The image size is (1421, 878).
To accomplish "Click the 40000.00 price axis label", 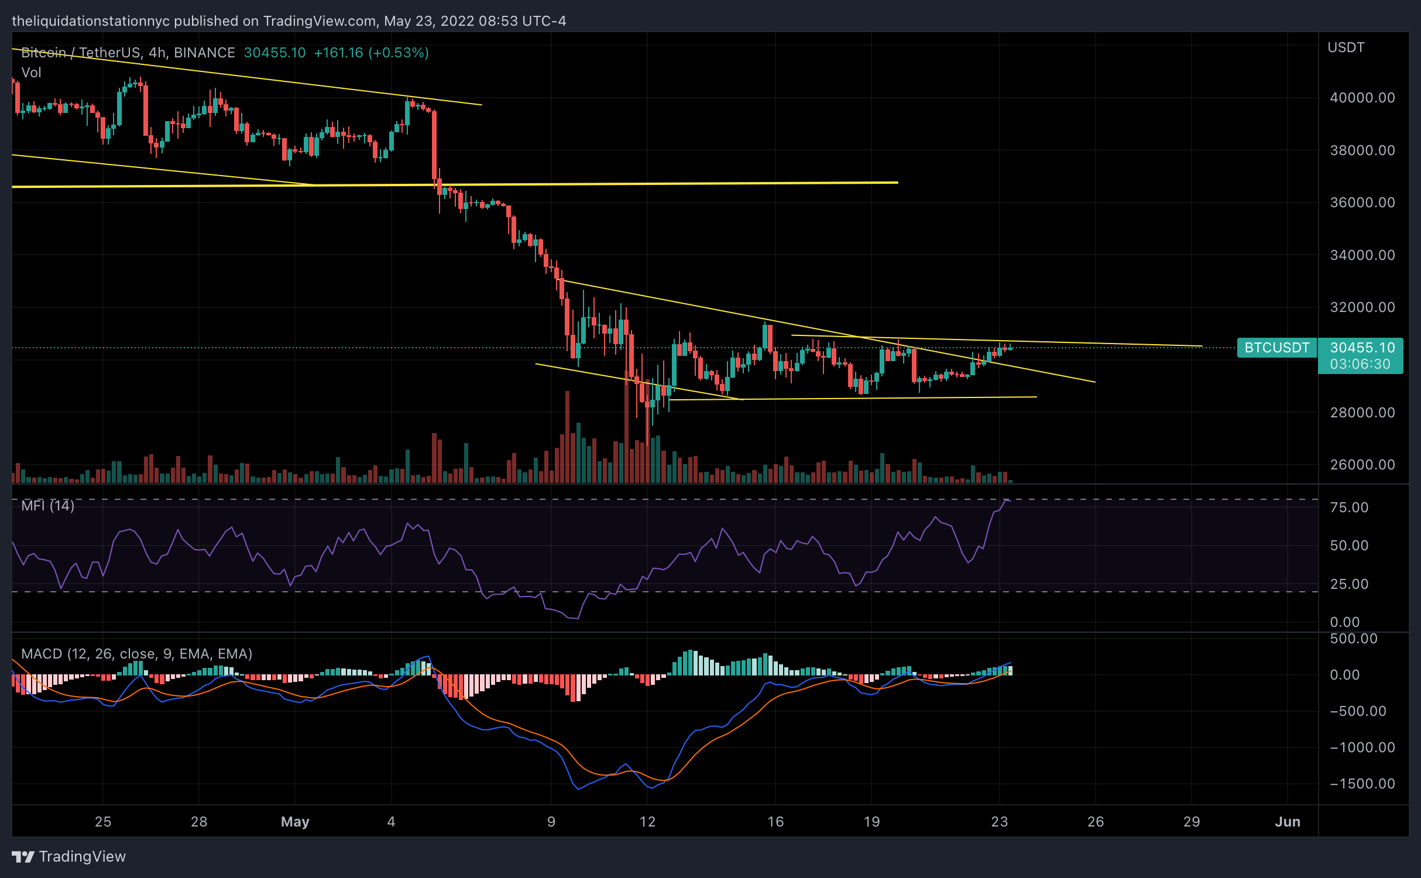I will pyautogui.click(x=1362, y=98).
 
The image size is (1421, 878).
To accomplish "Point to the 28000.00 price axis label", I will pyautogui.click(x=1362, y=413).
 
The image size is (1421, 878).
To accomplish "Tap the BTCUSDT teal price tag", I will pyautogui.click(x=1276, y=348).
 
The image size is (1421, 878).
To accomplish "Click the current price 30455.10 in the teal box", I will pyautogui.click(x=1362, y=348).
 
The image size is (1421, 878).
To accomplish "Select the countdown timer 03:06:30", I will pyautogui.click(x=1360, y=364).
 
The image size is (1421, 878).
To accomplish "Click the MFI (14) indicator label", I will pyautogui.click(x=47, y=506).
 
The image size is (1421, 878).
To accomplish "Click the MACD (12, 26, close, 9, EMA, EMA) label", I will pyautogui.click(x=136, y=654).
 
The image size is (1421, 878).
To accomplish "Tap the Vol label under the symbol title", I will pyautogui.click(x=31, y=73).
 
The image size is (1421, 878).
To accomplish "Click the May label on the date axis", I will pyautogui.click(x=295, y=822).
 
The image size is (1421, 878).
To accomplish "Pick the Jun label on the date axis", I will pyautogui.click(x=1288, y=822).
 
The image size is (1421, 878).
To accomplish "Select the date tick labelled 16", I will pyautogui.click(x=775, y=822).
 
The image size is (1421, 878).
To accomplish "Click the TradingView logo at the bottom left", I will pyautogui.click(x=68, y=857).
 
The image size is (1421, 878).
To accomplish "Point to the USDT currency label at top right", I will pyautogui.click(x=1346, y=47).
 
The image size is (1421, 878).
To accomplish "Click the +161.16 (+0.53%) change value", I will pyautogui.click(x=371, y=53).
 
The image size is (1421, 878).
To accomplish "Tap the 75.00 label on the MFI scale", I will pyautogui.click(x=1349, y=507).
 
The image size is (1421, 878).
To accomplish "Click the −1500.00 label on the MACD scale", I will pyautogui.click(x=1362, y=784).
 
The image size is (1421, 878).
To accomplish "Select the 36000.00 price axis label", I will pyautogui.click(x=1362, y=203).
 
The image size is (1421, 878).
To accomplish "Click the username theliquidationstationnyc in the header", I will pyautogui.click(x=91, y=21).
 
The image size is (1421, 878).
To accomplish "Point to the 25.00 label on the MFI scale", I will pyautogui.click(x=1349, y=584).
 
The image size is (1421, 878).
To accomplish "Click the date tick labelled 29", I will pyautogui.click(x=1192, y=822).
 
